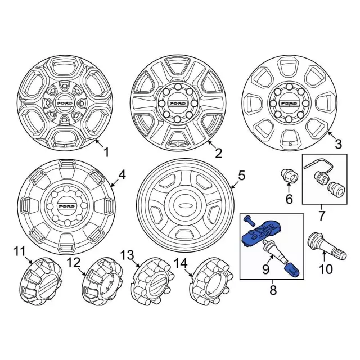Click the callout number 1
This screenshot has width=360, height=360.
106,152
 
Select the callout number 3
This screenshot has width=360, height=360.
338,145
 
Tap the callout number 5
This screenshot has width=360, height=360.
241,175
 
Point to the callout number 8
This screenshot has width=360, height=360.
273,290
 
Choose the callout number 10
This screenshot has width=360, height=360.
326,269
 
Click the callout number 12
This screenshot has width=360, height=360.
74,263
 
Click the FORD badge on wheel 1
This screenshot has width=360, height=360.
65,103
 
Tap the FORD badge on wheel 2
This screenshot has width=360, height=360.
178,103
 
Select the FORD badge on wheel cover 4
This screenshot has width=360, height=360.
66,206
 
